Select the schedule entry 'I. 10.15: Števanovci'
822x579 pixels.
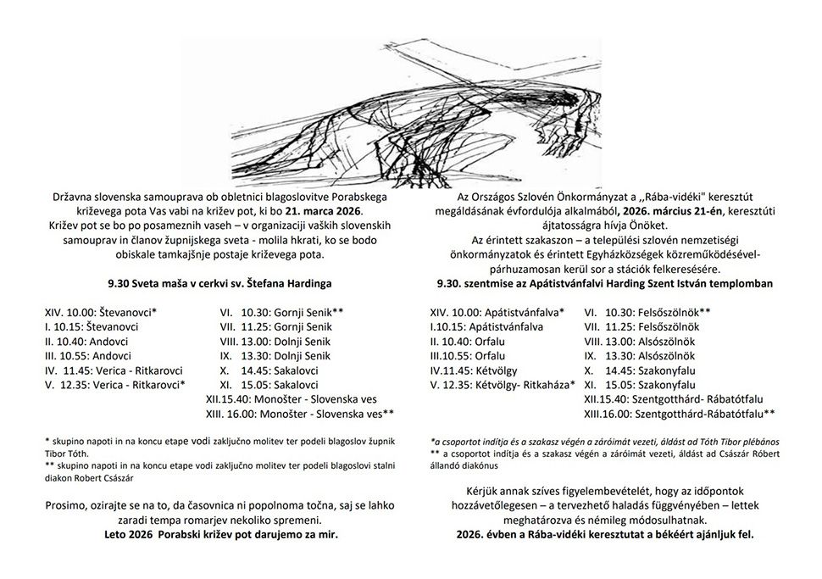tap(92, 326)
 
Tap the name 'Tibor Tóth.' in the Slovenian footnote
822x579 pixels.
tap(73, 453)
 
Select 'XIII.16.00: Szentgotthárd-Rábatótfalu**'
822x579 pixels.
tap(679, 413)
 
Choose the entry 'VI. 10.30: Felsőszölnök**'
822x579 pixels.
tap(647, 312)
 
